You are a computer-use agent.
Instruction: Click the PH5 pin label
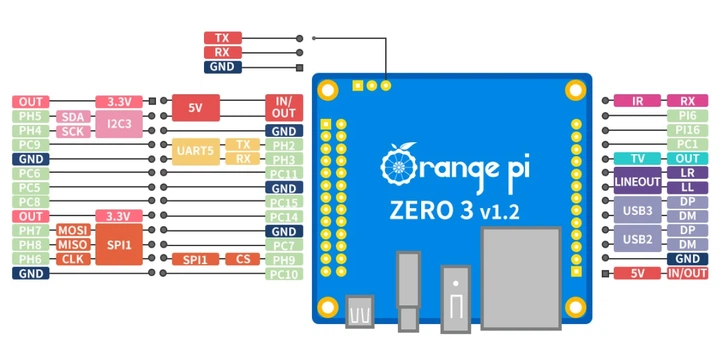31,116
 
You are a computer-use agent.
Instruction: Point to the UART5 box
195,152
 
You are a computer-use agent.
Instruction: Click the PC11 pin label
284,174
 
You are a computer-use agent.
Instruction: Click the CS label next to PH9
243,259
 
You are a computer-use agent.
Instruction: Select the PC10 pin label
284,274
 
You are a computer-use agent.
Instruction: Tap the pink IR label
636,101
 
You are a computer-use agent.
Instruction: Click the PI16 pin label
688,130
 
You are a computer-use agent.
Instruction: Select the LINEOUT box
637,181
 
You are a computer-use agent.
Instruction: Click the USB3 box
637,210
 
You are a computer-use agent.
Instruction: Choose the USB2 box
637,238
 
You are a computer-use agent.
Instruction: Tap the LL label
688,188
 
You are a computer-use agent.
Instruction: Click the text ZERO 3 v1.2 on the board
454,211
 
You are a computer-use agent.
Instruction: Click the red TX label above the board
222,38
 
